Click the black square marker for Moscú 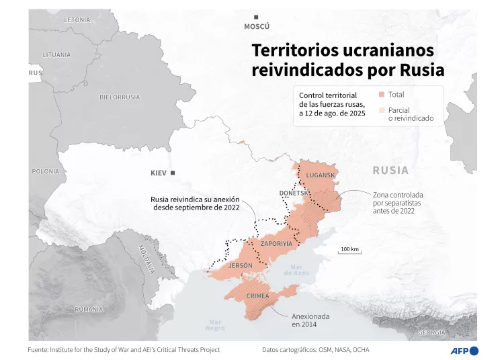point(255,17)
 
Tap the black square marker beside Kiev point(173,173)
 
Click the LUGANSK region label point(320,175)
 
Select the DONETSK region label point(294,193)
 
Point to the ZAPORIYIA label point(276,243)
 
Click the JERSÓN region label point(241,266)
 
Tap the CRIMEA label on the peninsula point(258,296)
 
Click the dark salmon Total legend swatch point(382,95)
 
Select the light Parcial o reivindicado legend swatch point(382,110)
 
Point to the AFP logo point(464,350)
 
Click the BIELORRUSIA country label point(120,97)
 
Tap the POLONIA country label point(45,171)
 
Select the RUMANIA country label point(89,309)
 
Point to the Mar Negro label point(215,325)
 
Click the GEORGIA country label point(431,332)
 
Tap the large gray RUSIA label point(390,171)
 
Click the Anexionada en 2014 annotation point(310,320)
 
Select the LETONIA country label point(77,20)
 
